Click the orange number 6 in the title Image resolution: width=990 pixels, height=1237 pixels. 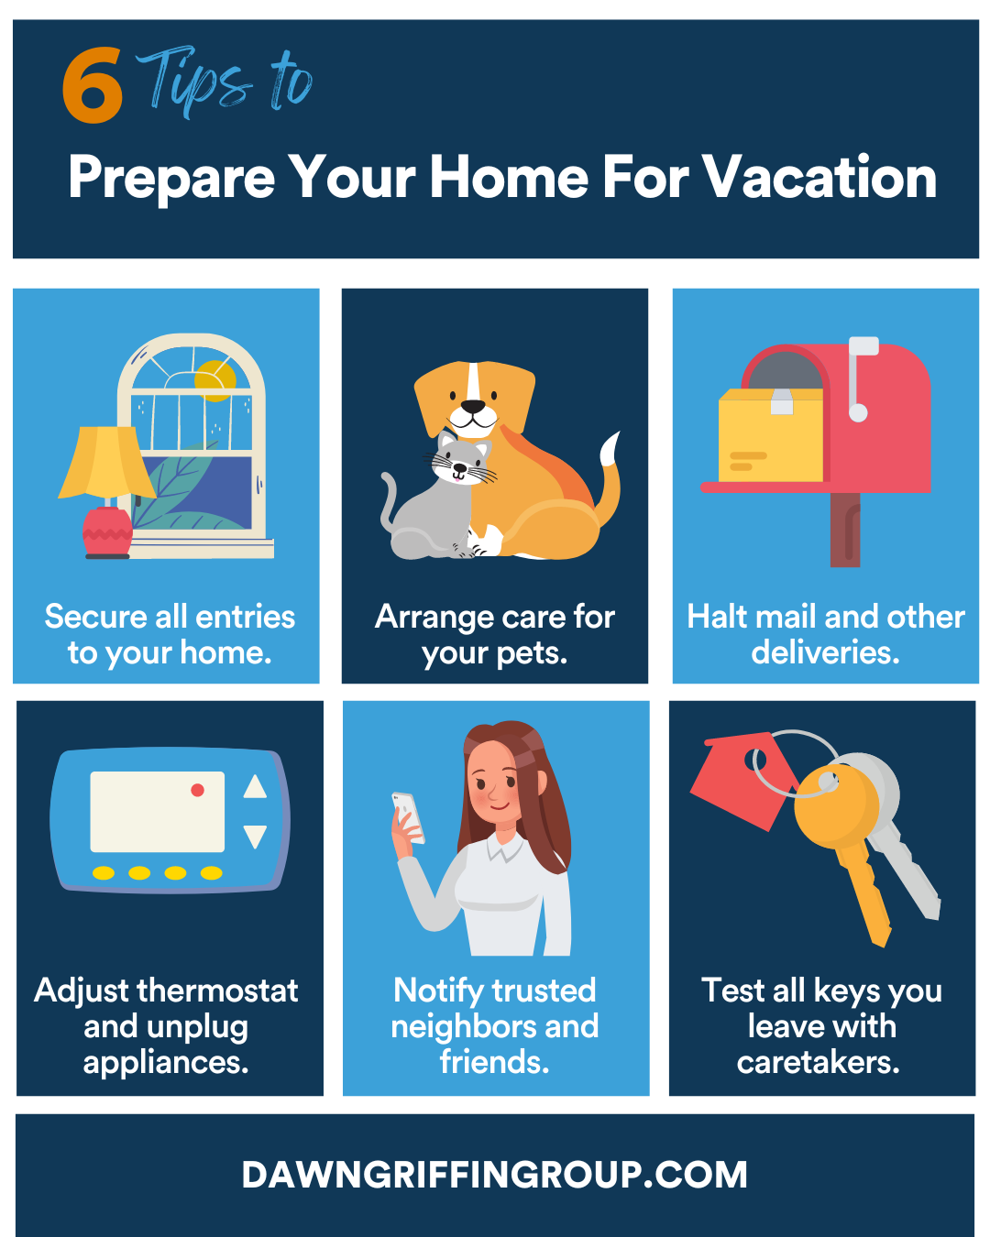pyautogui.click(x=92, y=84)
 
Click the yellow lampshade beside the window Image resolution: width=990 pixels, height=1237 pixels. pyautogui.click(x=106, y=462)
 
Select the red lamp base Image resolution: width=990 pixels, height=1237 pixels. pyautogui.click(x=107, y=532)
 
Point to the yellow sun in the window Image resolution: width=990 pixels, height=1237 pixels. pyautogui.click(x=215, y=380)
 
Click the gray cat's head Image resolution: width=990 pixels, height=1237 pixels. pyautogui.click(x=462, y=458)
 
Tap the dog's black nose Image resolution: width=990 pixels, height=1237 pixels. pyautogui.click(x=473, y=407)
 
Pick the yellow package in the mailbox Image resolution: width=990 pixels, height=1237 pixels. pyautogui.click(x=771, y=436)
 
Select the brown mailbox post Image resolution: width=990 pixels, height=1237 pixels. pyautogui.click(x=845, y=530)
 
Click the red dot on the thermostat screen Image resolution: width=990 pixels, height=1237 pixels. pyautogui.click(x=197, y=790)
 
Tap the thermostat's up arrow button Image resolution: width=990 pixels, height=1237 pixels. pyautogui.click(x=255, y=786)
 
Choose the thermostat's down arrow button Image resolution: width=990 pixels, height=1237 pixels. pyautogui.click(x=255, y=837)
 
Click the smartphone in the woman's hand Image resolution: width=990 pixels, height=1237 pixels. pyautogui.click(x=409, y=817)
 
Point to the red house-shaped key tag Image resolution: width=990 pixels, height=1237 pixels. pyautogui.click(x=743, y=781)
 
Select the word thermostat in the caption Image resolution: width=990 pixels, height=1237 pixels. pyautogui.click(x=217, y=991)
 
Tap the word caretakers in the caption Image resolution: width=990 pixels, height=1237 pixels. pyautogui.click(x=818, y=1062)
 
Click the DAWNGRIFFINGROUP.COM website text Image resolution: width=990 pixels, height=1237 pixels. pyautogui.click(x=495, y=1175)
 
